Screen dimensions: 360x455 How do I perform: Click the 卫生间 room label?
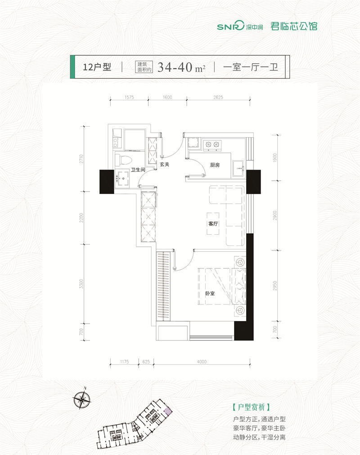(x=138, y=170)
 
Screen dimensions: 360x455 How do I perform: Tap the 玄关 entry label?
(x=165, y=164)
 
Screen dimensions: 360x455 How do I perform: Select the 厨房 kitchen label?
(x=215, y=165)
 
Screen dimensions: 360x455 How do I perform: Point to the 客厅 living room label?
(x=213, y=224)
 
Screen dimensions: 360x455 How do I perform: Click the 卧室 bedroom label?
(x=210, y=294)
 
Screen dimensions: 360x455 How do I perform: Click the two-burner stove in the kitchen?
(x=212, y=144)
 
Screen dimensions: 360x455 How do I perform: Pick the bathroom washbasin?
(x=122, y=178)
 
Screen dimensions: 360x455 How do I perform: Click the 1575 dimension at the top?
(x=129, y=97)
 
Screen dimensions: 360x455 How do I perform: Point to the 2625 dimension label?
(x=218, y=97)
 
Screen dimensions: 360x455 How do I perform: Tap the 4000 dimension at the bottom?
(x=202, y=361)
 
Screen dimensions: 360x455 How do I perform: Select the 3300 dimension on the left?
(x=81, y=284)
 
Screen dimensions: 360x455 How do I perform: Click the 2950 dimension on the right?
(x=275, y=285)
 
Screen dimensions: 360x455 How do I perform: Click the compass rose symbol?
(x=82, y=399)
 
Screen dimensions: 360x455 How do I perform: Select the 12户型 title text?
(x=97, y=67)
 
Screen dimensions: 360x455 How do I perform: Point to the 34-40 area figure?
(x=175, y=67)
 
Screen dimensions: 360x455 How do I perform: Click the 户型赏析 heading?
(x=252, y=407)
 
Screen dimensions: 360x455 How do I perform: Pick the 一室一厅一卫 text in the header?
(x=251, y=67)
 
